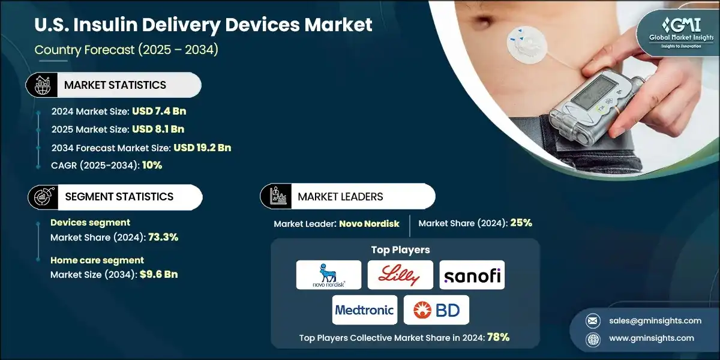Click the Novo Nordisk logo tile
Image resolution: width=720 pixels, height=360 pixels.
coord(329,275)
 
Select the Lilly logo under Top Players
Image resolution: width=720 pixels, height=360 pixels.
coord(400,275)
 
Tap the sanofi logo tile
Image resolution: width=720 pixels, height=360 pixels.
coord(472,275)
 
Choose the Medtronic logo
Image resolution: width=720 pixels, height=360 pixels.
coord(365,310)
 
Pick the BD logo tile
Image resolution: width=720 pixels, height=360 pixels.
coord(436,310)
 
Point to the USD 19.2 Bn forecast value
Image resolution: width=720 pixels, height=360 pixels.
coord(202,148)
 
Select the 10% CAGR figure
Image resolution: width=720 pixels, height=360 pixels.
coord(152,166)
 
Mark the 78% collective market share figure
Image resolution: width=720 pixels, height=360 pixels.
coord(498,337)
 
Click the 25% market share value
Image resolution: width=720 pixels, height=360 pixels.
coord(521,223)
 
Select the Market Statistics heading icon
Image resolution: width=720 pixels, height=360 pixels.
coord(42,85)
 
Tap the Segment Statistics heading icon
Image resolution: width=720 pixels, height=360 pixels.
coord(43,197)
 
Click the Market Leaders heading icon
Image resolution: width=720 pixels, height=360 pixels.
coord(277,197)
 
